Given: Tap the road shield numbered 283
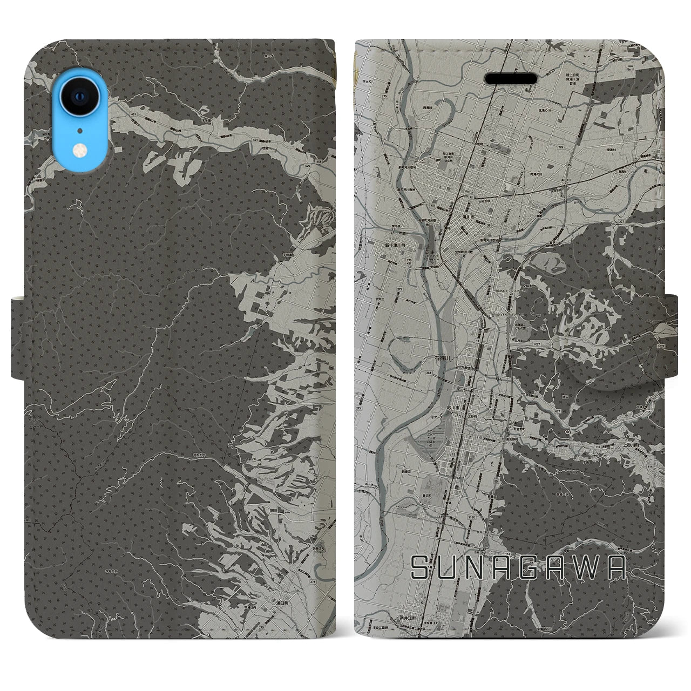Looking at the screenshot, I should [428, 372].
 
